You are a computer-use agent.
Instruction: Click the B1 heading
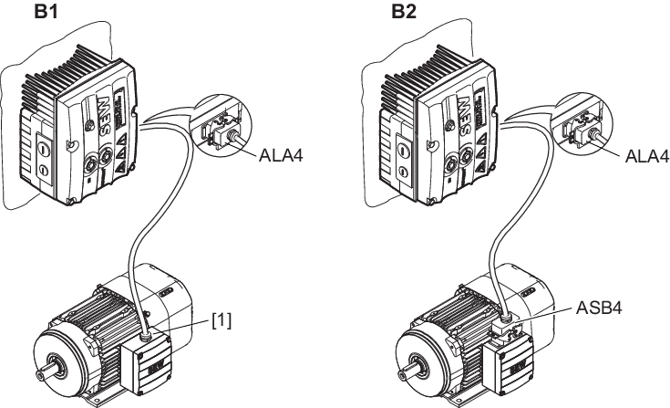46,12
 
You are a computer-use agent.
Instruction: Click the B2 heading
404,12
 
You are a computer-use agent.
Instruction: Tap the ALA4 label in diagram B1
281,156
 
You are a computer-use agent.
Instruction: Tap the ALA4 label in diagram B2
647,156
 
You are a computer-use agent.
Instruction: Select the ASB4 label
599,308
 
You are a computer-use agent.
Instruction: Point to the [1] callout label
222,319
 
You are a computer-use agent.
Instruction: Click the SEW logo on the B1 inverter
104,116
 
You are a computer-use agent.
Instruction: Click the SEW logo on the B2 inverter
466,116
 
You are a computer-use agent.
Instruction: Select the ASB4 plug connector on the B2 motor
507,330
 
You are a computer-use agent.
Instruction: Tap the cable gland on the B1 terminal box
145,333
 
